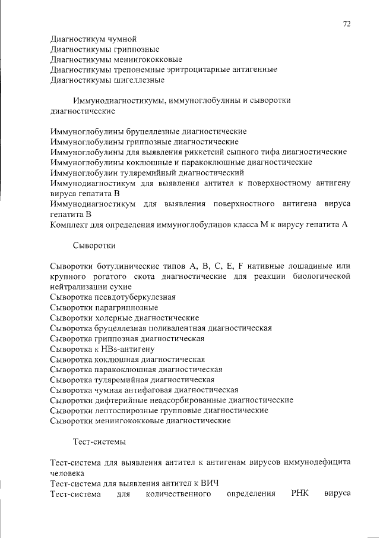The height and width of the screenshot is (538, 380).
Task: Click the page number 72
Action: pyautogui.click(x=347, y=24)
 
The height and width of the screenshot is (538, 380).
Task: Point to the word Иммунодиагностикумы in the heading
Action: pyautogui.click(x=119, y=100)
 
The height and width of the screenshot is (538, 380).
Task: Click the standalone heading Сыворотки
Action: pyautogui.click(x=94, y=244)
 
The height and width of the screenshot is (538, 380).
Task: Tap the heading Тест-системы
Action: pyautogui.click(x=99, y=441)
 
